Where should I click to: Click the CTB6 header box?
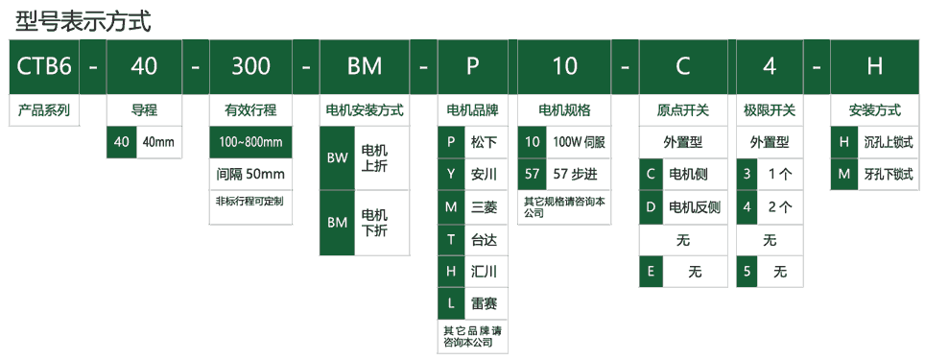[x=44, y=66]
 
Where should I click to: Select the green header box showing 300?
[x=250, y=66]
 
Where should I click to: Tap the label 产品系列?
[x=44, y=109]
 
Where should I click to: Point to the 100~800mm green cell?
[x=250, y=142]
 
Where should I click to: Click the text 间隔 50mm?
[x=250, y=174]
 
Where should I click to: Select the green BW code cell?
[x=337, y=158]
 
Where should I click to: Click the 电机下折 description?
[x=374, y=223]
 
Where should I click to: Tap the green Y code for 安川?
[x=451, y=175]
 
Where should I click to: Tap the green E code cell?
[x=651, y=272]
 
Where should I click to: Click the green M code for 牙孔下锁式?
[x=843, y=175]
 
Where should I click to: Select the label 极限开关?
[x=770, y=109]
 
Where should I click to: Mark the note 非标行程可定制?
[x=250, y=202]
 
